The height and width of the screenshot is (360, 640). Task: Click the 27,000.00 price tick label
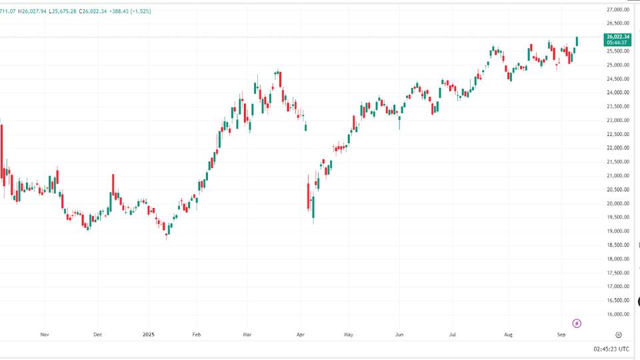click(x=618, y=9)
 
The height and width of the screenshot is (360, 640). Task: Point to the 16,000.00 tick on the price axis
click(x=618, y=314)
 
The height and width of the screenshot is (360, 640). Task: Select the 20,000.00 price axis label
click(x=618, y=203)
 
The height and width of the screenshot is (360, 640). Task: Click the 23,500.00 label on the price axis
click(x=618, y=107)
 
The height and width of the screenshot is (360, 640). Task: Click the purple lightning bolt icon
click(x=577, y=323)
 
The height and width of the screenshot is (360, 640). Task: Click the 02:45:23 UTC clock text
click(x=611, y=349)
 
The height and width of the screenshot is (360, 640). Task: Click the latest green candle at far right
click(x=577, y=41)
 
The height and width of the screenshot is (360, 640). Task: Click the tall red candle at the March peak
click(x=281, y=81)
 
